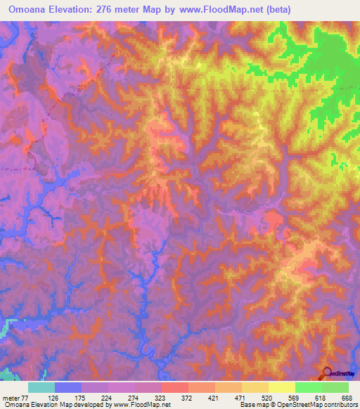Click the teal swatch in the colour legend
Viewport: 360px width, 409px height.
point(41,387)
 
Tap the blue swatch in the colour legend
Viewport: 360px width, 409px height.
point(68,387)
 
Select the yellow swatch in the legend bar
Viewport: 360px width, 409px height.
point(282,387)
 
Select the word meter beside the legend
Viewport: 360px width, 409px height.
point(11,397)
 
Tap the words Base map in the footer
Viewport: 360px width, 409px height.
point(254,405)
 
